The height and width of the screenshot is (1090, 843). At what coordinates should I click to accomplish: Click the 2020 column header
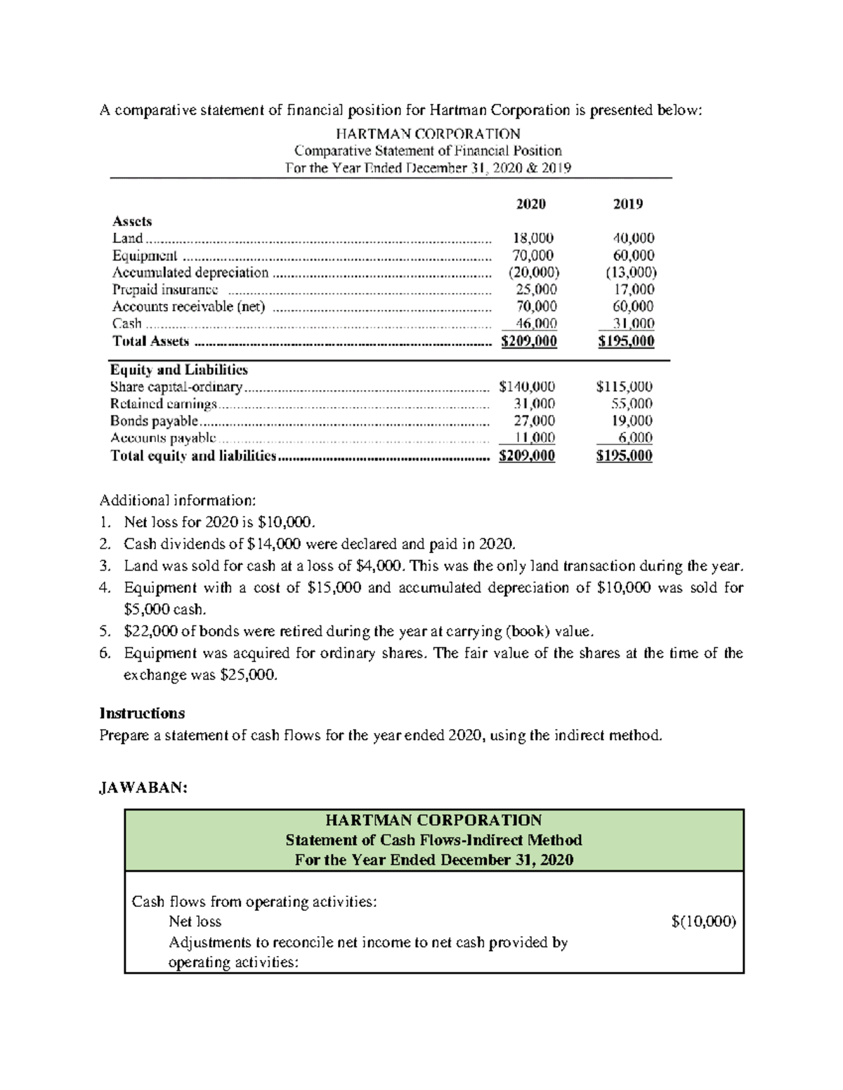point(530,204)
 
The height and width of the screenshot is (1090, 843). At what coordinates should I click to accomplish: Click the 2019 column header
point(627,204)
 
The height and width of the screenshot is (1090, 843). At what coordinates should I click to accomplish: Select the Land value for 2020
point(532,238)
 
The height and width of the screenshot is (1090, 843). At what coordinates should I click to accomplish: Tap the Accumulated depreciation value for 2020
point(533,272)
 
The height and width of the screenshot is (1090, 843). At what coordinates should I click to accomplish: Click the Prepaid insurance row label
point(165,290)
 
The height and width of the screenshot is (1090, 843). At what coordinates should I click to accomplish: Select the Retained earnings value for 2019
point(632,404)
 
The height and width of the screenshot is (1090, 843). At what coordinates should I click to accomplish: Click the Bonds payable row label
point(154,421)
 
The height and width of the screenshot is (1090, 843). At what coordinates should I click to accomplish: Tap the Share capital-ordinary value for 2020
point(526,387)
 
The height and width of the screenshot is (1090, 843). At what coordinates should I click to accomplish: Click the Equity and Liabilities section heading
point(178,370)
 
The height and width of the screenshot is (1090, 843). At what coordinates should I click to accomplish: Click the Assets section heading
point(132,221)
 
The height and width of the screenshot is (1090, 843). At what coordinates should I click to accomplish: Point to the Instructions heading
point(142,713)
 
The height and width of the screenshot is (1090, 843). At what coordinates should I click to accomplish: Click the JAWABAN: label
point(143,787)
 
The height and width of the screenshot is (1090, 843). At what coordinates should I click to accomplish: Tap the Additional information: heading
point(178,500)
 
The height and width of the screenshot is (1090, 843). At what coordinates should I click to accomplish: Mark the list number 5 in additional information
point(105,632)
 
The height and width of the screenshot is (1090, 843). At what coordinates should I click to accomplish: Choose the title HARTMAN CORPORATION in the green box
point(433,820)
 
